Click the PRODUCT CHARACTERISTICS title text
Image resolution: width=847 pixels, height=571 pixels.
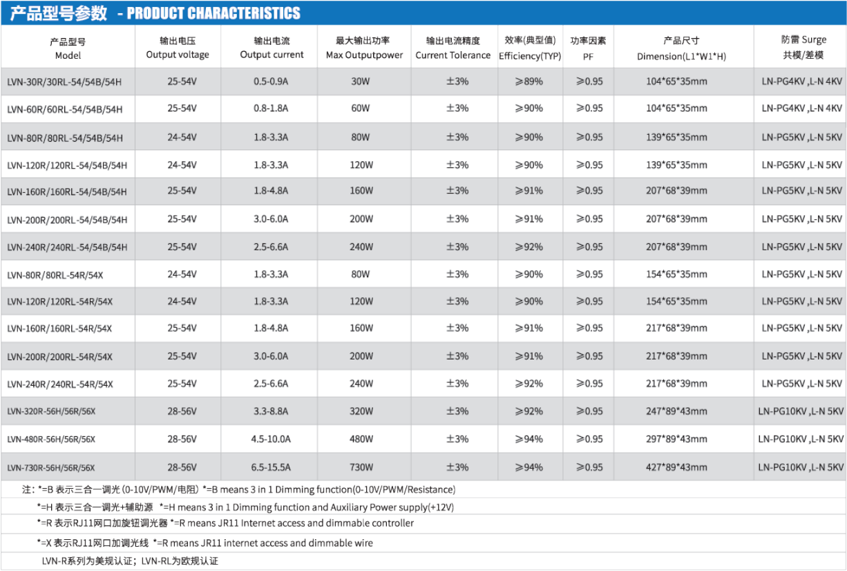[x=213, y=13]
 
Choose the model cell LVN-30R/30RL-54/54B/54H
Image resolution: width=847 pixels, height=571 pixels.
[x=64, y=82]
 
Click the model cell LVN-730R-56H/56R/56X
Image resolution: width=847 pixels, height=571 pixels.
[x=51, y=468]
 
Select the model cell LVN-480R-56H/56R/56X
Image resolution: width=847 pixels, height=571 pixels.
[x=51, y=440]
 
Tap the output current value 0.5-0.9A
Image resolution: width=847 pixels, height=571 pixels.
[x=271, y=82]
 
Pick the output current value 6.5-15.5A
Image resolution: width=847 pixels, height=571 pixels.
[x=271, y=467]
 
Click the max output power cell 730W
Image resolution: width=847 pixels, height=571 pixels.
[x=361, y=467]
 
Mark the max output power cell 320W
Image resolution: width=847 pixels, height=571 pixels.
[x=361, y=411]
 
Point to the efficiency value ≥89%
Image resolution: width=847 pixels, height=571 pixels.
[x=529, y=82]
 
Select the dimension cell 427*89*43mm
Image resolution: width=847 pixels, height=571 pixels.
[x=676, y=467]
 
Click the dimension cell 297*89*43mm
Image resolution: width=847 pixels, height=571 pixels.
[x=676, y=440]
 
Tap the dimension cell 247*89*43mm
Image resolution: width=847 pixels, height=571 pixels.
[x=676, y=411]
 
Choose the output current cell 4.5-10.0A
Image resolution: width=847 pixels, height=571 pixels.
[x=271, y=440]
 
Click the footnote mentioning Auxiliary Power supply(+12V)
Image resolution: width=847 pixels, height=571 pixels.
[x=245, y=507]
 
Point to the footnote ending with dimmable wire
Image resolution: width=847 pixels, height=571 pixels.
[x=205, y=543]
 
